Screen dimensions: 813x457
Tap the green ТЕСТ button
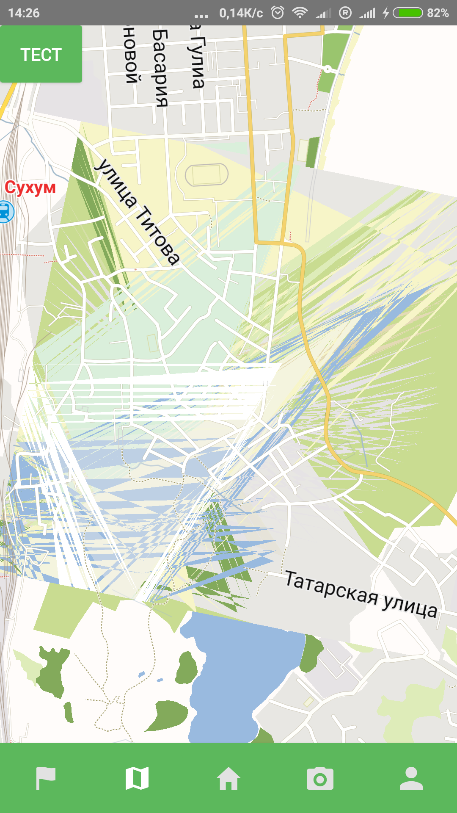point(41,54)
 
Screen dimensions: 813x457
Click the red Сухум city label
point(30,187)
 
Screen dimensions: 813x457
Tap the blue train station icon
point(6,212)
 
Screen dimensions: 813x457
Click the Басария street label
point(160,68)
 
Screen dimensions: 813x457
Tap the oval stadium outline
point(207,174)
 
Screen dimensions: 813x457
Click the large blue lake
point(241,677)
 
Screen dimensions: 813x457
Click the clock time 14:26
point(24,13)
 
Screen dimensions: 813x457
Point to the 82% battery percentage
point(438,13)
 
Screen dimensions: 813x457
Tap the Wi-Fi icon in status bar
point(300,13)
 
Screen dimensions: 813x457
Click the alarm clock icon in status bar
point(278,13)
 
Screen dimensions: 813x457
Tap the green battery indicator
point(408,13)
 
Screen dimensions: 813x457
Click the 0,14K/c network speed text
point(241,13)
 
